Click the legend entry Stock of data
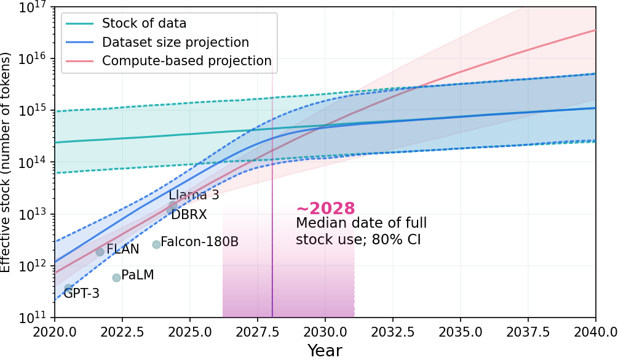[144, 24]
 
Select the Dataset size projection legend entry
[175, 42]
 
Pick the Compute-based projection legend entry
[186, 61]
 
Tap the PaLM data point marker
[116, 278]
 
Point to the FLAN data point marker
[100, 252]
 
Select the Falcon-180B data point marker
[156, 244]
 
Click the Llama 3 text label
[194, 196]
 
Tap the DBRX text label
[189, 215]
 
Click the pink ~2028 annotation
[325, 209]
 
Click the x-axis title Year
[325, 350]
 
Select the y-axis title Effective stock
[6, 162]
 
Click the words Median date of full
[361, 223]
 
